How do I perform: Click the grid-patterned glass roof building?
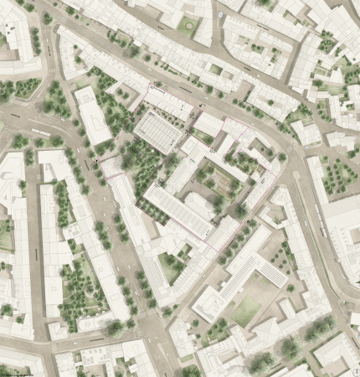[x=158, y=130]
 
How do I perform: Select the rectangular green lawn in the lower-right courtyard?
[x=246, y=311]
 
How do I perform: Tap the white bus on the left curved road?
[x=39, y=132]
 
